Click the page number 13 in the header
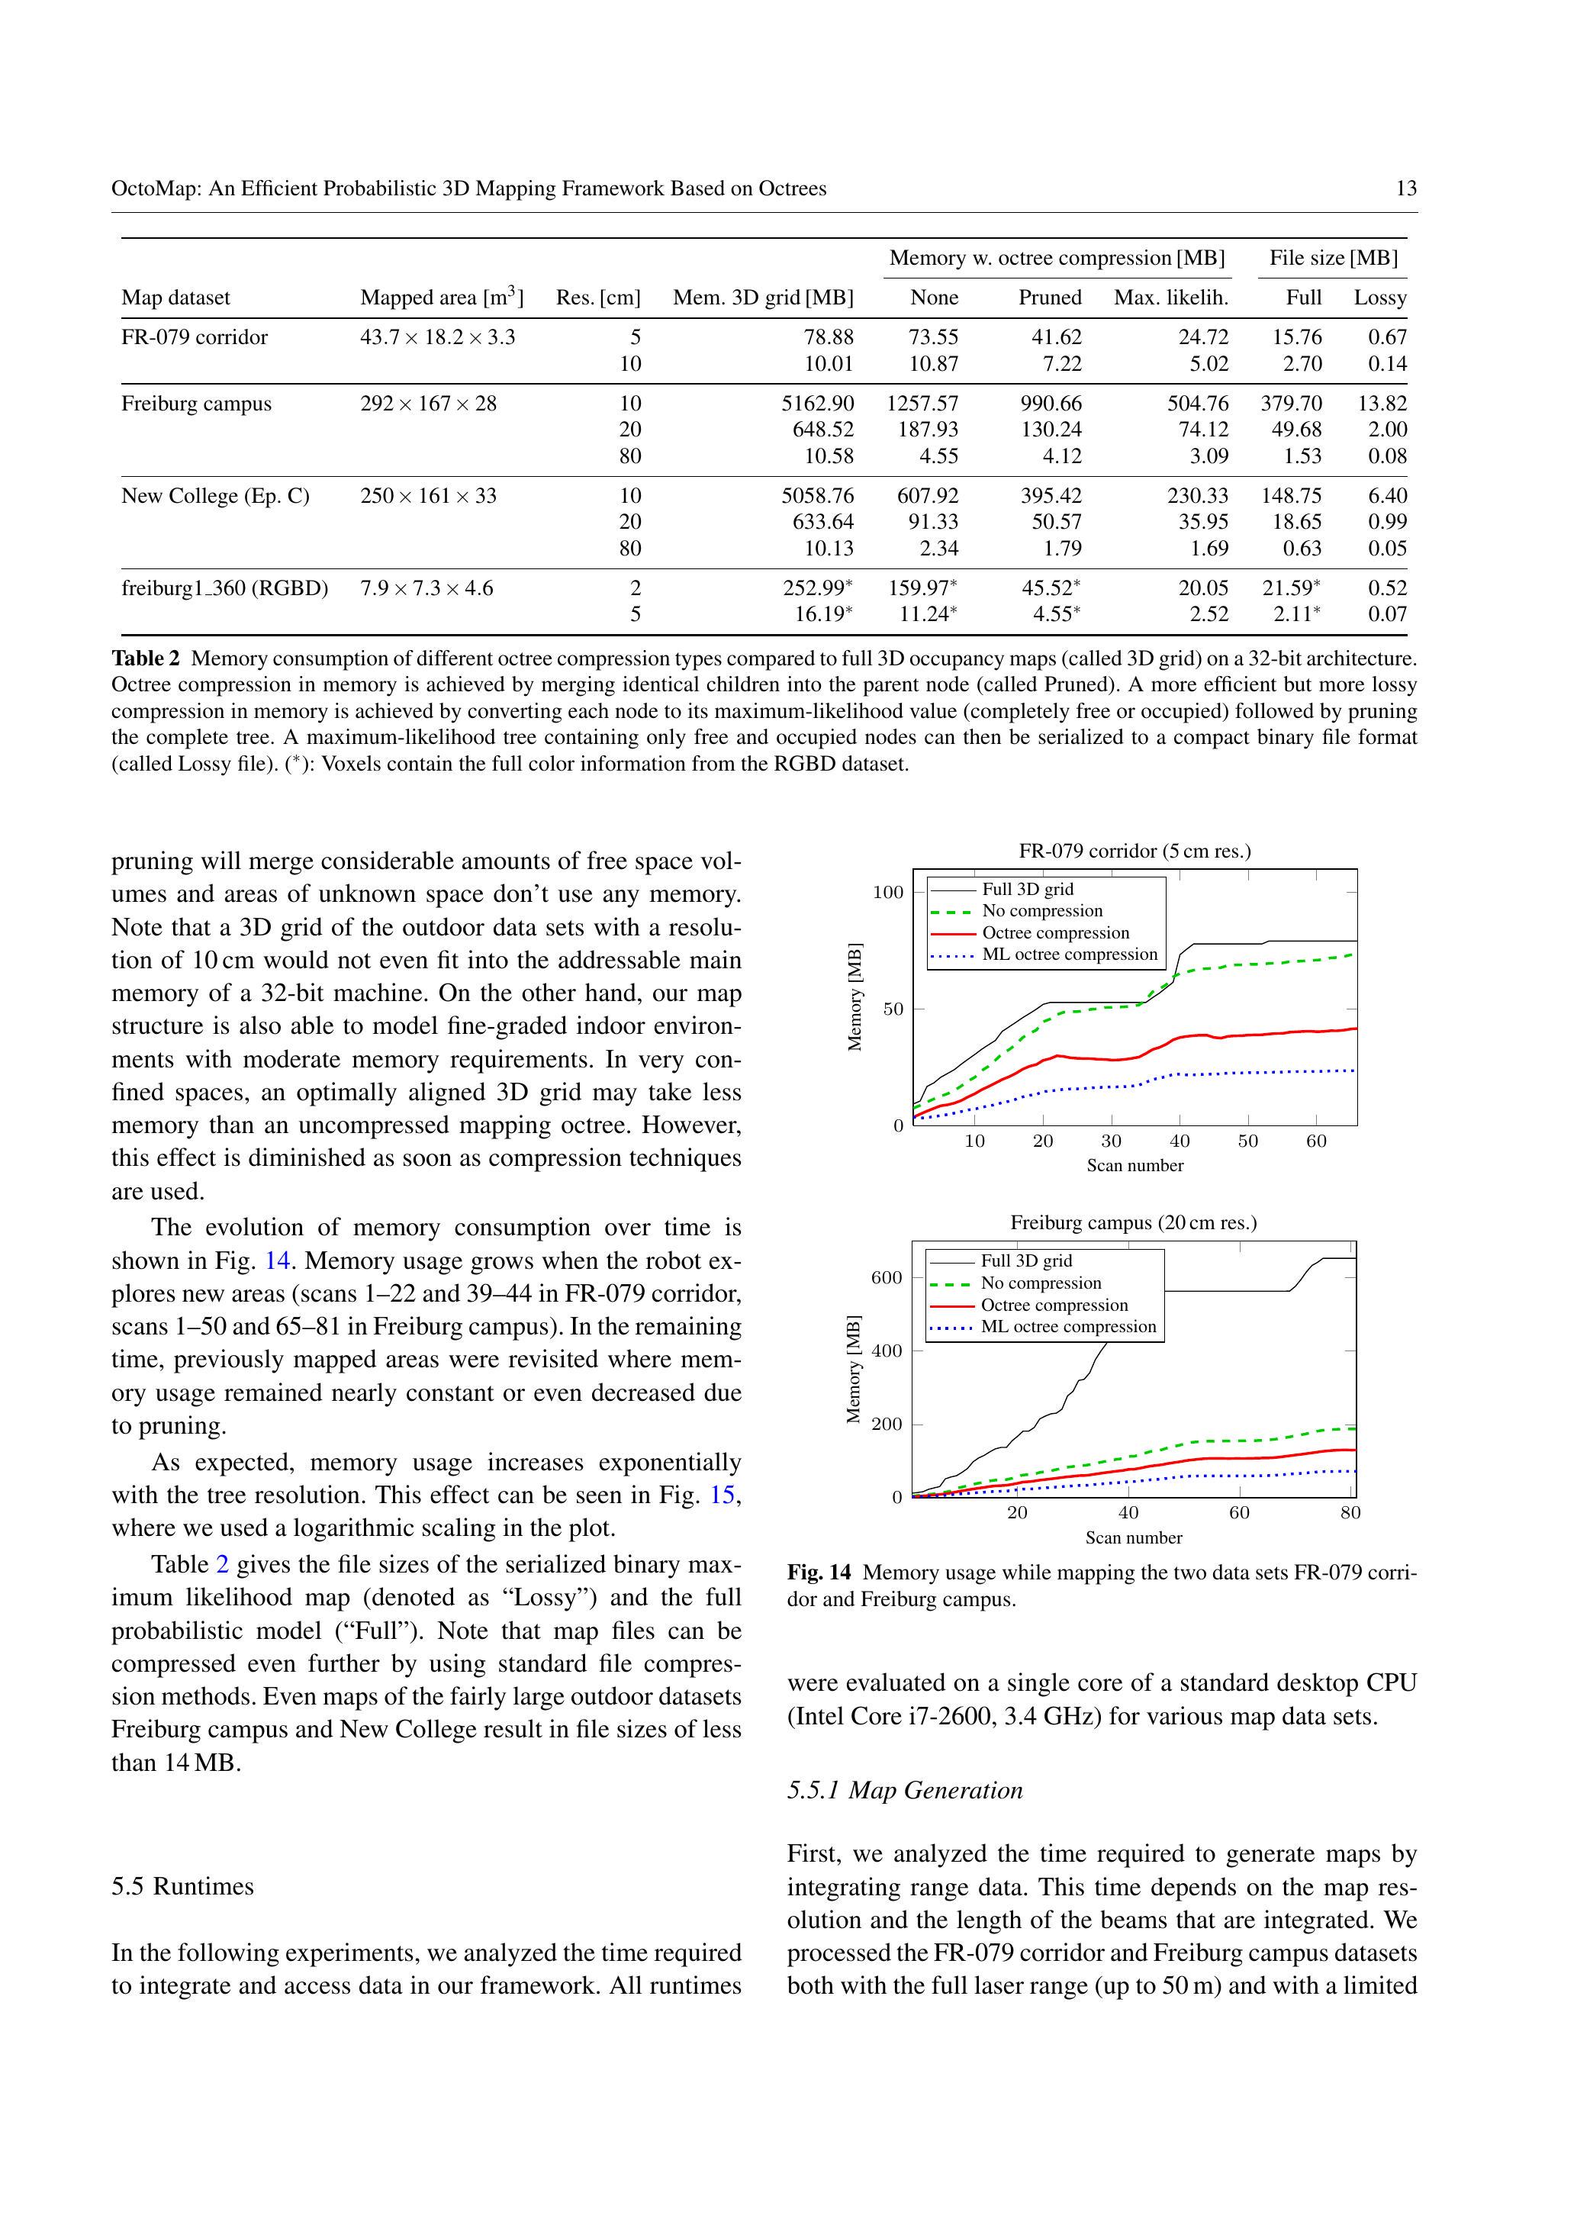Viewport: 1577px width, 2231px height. click(x=1405, y=188)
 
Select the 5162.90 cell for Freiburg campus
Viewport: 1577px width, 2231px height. click(x=817, y=404)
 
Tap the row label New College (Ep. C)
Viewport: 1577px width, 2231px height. click(x=214, y=495)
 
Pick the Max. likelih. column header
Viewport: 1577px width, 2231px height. click(x=1171, y=298)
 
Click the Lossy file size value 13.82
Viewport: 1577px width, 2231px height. click(x=1382, y=404)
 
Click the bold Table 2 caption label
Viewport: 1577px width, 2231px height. click(x=146, y=658)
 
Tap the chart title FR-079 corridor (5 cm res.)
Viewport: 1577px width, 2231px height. click(x=1134, y=852)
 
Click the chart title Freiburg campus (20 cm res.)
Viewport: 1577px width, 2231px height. click(x=1133, y=1222)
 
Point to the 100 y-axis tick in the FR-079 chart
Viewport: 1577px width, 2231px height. click(x=887, y=892)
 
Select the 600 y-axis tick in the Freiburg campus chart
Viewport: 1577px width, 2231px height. click(x=886, y=1278)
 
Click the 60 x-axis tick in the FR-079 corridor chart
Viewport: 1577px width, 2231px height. click(x=1315, y=1141)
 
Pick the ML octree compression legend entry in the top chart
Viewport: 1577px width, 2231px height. click(x=1069, y=955)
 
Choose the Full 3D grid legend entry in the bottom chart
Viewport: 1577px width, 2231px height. click(x=1026, y=1260)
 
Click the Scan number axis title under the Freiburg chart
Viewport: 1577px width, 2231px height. click(x=1133, y=1538)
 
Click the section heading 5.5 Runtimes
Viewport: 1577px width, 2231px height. click(x=182, y=1886)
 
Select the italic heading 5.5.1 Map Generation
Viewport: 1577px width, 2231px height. click(x=905, y=1790)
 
